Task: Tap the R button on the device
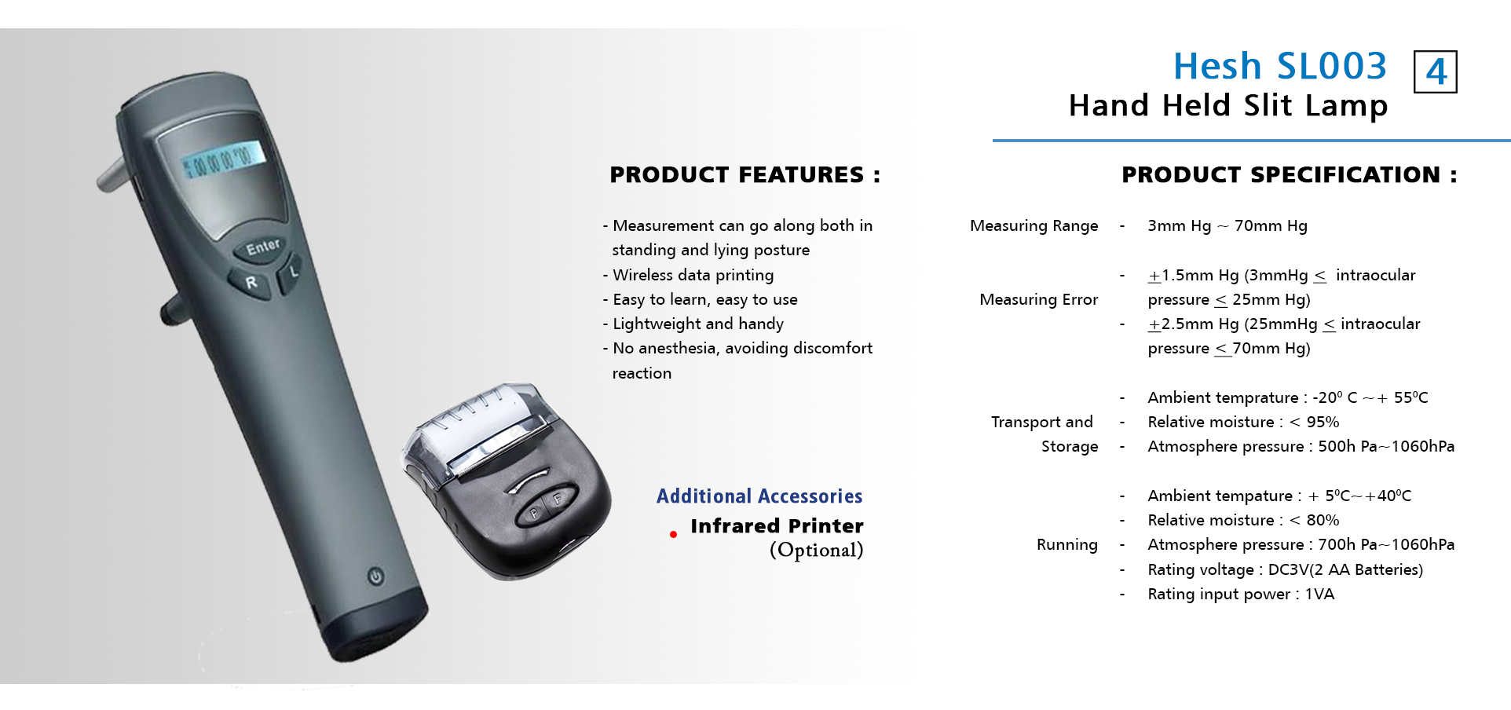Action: pyautogui.click(x=251, y=282)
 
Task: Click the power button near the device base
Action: pyautogui.click(x=375, y=576)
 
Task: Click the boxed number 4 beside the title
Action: pyautogui.click(x=1435, y=72)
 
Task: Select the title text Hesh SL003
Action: pyautogui.click(x=1280, y=66)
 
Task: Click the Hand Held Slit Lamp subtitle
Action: pyautogui.click(x=1228, y=105)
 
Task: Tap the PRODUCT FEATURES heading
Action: pyautogui.click(x=745, y=174)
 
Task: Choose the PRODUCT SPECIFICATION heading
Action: pyautogui.click(x=1289, y=174)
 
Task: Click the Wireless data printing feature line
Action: pyautogui.click(x=688, y=275)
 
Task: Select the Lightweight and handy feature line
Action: pyautogui.click(x=693, y=324)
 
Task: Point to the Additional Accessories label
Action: pyautogui.click(x=759, y=496)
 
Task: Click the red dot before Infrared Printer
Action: pyautogui.click(x=673, y=535)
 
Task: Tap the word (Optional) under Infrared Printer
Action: pyautogui.click(x=816, y=551)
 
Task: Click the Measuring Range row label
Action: pyautogui.click(x=1034, y=226)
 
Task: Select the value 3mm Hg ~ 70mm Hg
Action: pyautogui.click(x=1227, y=226)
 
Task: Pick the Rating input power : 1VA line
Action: pyautogui.click(x=1241, y=595)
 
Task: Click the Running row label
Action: pyautogui.click(x=1066, y=544)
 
